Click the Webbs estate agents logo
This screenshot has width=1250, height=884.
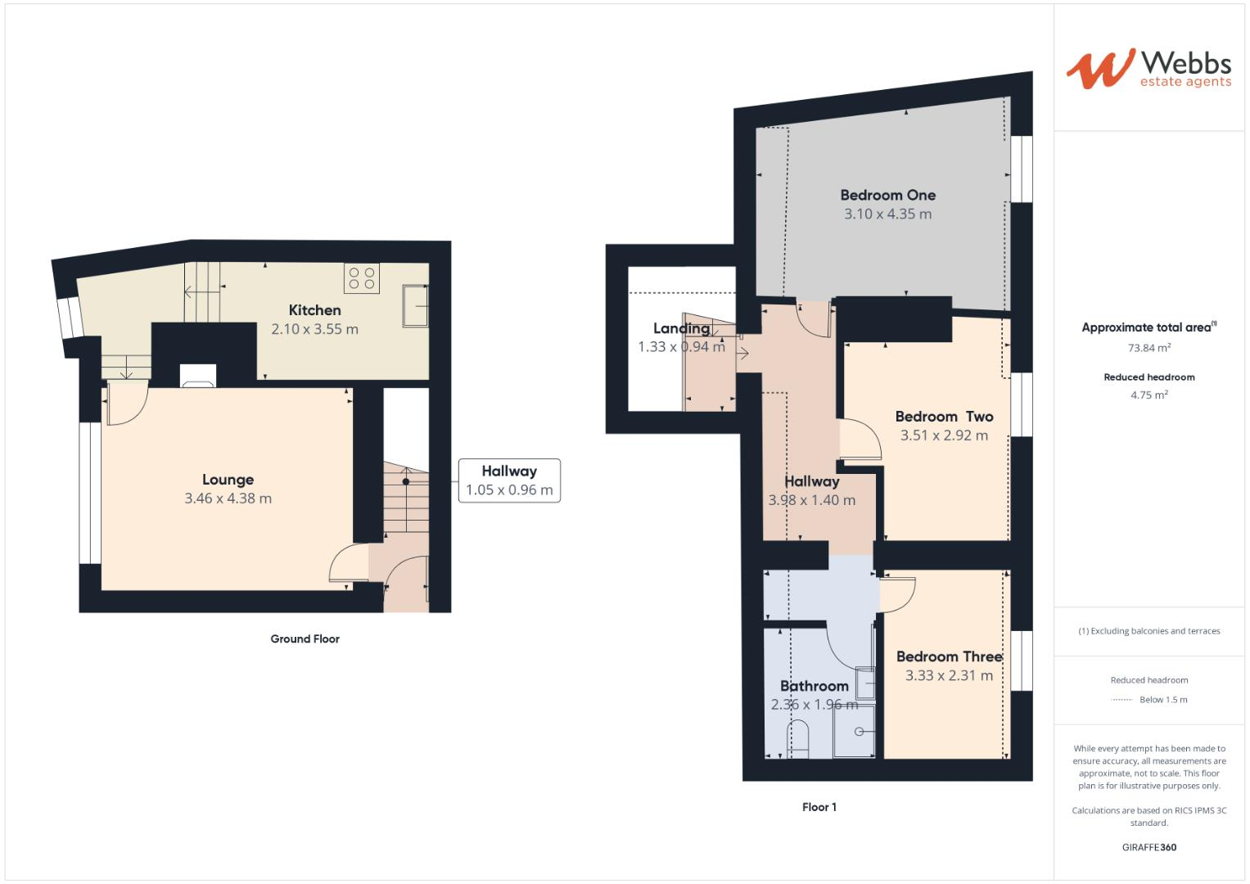pyautogui.click(x=1148, y=69)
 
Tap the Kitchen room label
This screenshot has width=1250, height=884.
pyautogui.click(x=314, y=310)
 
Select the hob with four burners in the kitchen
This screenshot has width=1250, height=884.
pyautogui.click(x=361, y=278)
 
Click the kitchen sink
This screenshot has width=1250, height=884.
pyautogui.click(x=415, y=306)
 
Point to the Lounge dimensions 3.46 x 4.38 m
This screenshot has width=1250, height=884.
pyautogui.click(x=228, y=498)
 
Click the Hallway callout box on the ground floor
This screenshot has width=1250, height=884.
pyautogui.click(x=508, y=480)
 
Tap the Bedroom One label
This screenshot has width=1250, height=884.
pyautogui.click(x=887, y=195)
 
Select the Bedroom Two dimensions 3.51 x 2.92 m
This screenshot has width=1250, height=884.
pyautogui.click(x=944, y=435)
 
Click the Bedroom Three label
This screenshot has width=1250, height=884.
pyautogui.click(x=949, y=656)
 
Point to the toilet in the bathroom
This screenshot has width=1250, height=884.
pyautogui.click(x=797, y=737)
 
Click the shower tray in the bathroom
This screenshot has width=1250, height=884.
pyautogui.click(x=853, y=732)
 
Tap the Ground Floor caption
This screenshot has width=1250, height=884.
pyautogui.click(x=305, y=639)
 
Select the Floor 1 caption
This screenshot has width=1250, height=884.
pyautogui.click(x=819, y=807)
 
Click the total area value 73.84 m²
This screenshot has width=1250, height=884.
pyautogui.click(x=1148, y=348)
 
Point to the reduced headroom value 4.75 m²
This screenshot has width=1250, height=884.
pyautogui.click(x=1148, y=395)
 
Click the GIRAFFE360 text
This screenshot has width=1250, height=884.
pyautogui.click(x=1148, y=847)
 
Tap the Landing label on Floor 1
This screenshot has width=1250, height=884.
pyautogui.click(x=681, y=328)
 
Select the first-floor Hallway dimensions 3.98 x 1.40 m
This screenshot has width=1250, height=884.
pyautogui.click(x=811, y=500)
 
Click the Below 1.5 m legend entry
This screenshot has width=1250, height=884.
pyautogui.click(x=1162, y=700)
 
